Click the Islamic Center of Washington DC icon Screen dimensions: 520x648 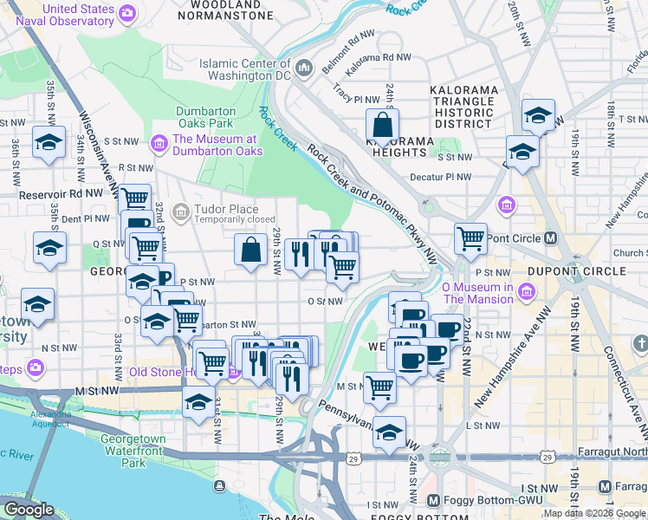pyautogui.click(x=304, y=67)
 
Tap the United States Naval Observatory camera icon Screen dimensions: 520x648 pyautogui.click(x=127, y=12)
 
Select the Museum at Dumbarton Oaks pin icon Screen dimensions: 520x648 pyautogui.click(x=159, y=142)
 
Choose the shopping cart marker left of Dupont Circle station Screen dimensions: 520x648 pyautogui.click(x=470, y=237)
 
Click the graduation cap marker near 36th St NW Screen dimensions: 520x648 pyautogui.click(x=49, y=141)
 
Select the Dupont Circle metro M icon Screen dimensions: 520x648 pyautogui.click(x=550, y=238)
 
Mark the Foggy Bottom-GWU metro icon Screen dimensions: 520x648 pyautogui.click(x=435, y=500)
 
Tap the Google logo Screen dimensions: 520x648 pyautogui.click(x=29, y=510)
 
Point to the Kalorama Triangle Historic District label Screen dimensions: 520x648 pyautogui.click(x=464, y=107)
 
